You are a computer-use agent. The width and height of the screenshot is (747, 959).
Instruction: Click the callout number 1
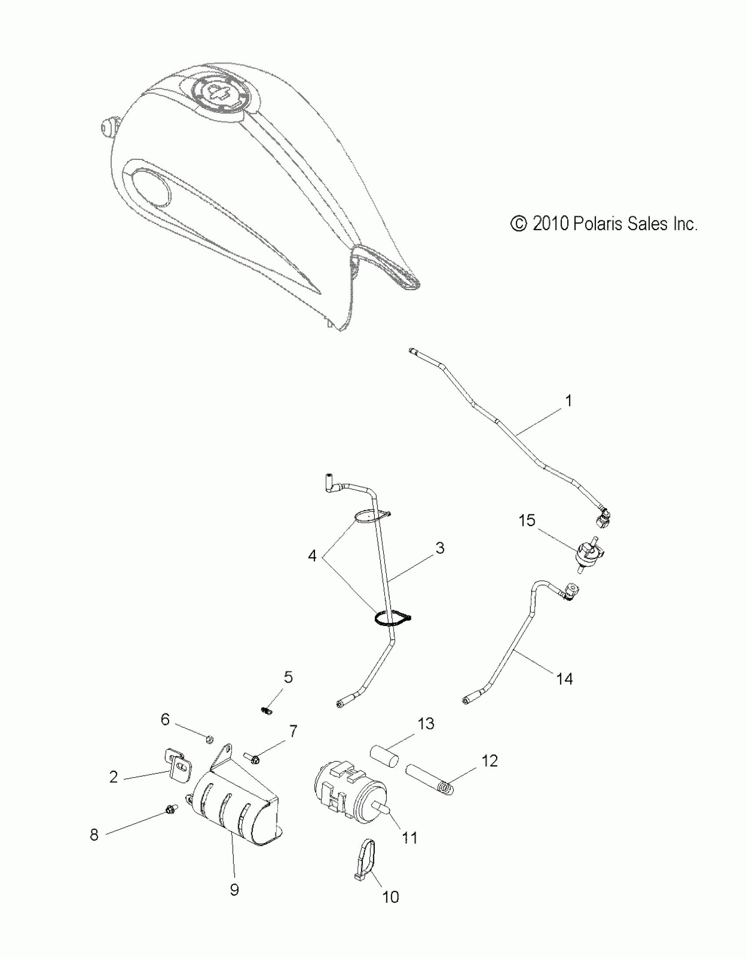click(569, 401)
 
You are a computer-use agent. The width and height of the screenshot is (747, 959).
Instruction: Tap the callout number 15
click(527, 521)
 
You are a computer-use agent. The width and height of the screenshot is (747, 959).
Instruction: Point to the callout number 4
click(312, 556)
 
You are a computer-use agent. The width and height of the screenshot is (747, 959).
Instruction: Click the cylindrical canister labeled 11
click(349, 796)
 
